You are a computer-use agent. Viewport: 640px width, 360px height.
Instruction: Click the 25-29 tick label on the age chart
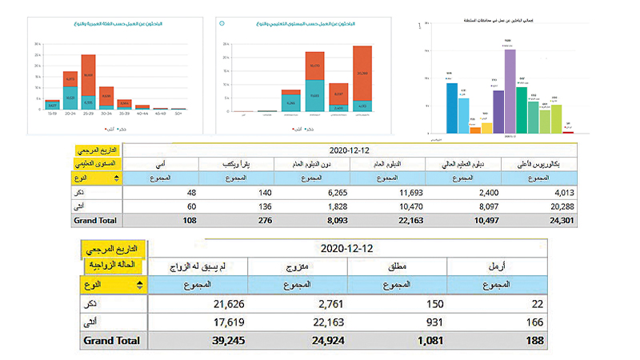coord(88,114)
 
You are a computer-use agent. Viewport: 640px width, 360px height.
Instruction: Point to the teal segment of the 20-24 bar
coord(70,98)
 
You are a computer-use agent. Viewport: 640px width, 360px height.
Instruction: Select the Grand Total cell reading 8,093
coord(305,220)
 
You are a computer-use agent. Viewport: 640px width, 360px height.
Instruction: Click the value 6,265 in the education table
coord(305,193)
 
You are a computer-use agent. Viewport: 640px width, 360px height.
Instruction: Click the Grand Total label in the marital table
coord(111,341)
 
